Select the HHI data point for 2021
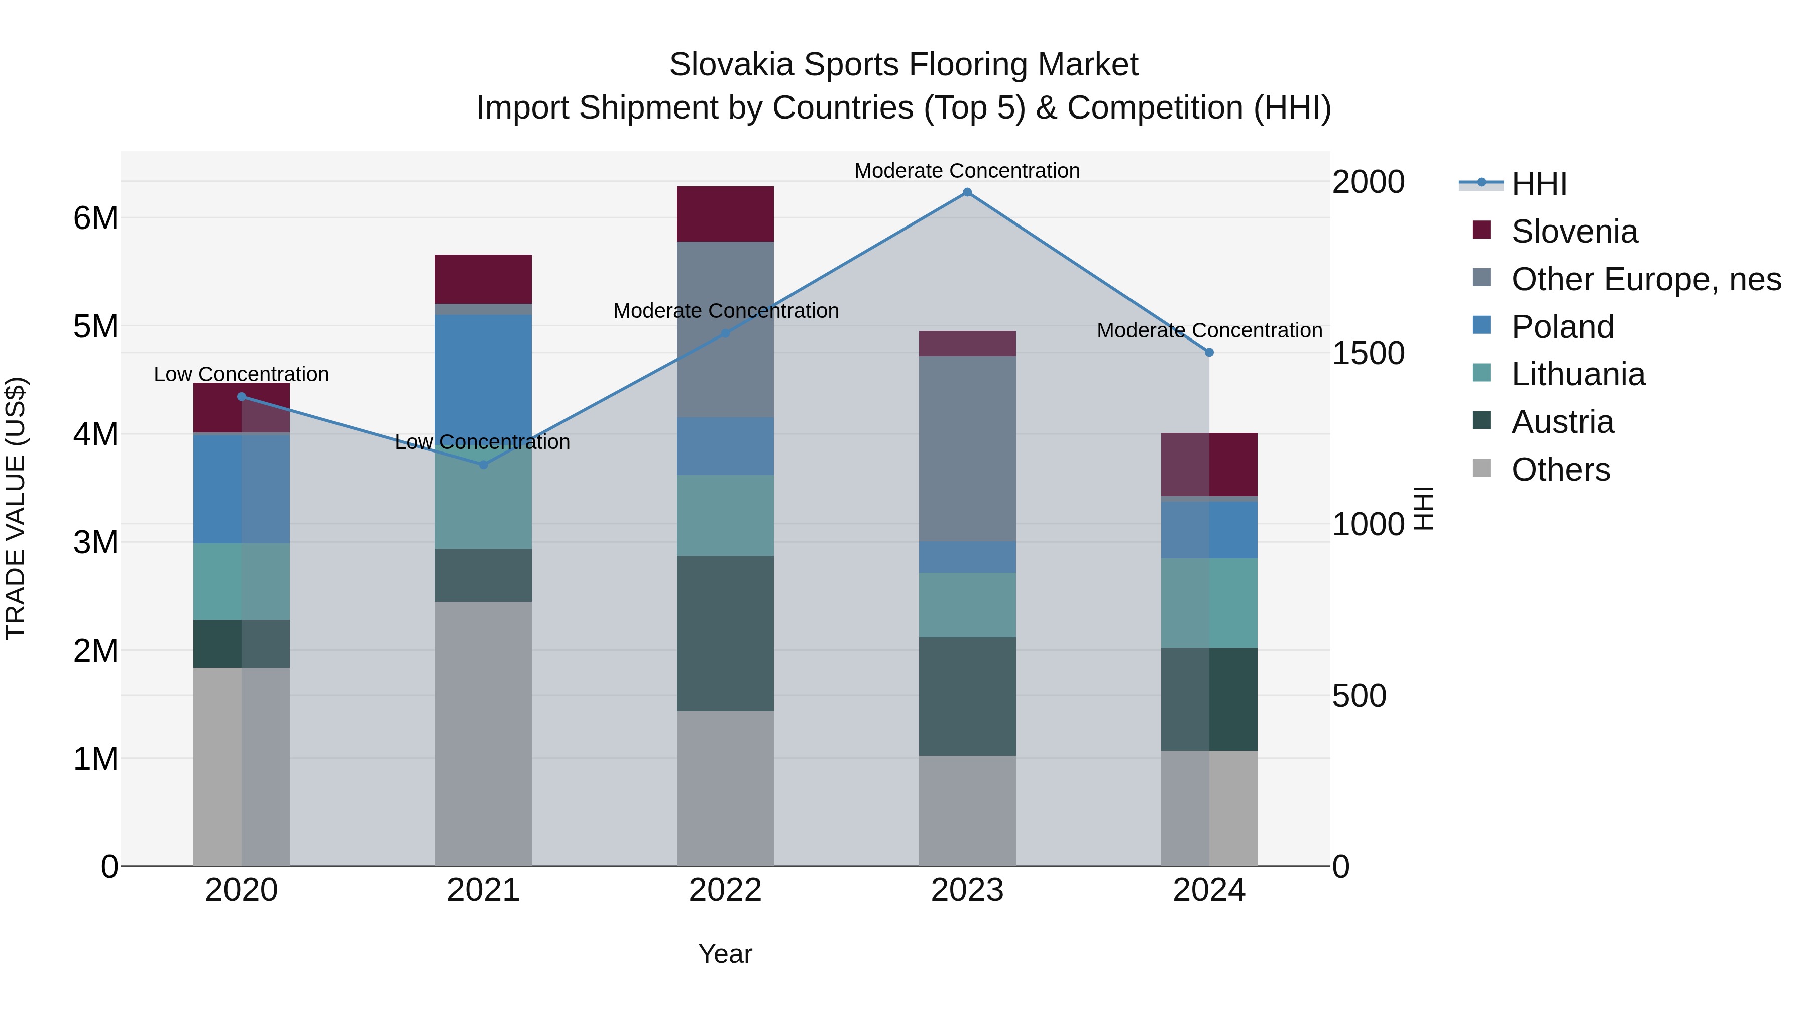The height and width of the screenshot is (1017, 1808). [483, 465]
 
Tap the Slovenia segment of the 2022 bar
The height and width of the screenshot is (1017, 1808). [725, 214]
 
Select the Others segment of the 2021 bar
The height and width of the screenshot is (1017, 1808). [483, 733]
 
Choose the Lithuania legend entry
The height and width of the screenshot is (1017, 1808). [1578, 375]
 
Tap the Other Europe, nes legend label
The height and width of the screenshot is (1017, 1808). [1646, 279]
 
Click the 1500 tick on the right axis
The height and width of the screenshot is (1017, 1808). [1368, 353]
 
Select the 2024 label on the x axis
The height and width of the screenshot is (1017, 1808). [1209, 890]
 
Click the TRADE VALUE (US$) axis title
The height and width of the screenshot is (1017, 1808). [16, 508]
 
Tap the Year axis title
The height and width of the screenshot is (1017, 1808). [725, 954]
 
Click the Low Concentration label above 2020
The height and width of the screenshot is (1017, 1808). [242, 374]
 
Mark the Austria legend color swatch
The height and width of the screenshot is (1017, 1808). [1481, 420]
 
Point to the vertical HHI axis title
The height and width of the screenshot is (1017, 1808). [1423, 508]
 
